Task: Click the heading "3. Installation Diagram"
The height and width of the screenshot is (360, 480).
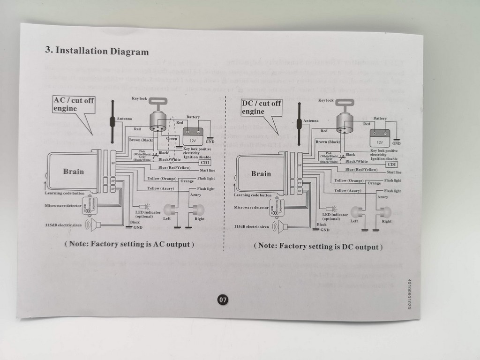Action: [97, 51]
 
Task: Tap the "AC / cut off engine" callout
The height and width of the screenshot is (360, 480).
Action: [74, 105]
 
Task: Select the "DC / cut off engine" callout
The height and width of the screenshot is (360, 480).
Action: [261, 107]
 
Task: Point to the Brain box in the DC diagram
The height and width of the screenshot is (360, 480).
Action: [261, 174]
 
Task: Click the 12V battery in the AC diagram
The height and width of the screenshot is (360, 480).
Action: [193, 136]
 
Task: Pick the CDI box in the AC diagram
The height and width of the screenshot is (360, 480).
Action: [205, 163]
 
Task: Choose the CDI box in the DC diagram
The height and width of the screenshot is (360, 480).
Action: [392, 164]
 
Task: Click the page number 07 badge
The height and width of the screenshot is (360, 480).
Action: [223, 299]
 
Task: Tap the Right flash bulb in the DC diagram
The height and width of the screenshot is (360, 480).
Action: [385, 212]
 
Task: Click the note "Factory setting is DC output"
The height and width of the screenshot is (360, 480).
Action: [318, 246]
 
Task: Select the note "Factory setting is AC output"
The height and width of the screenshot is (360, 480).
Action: [129, 244]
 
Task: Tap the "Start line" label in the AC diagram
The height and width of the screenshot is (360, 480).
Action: [207, 170]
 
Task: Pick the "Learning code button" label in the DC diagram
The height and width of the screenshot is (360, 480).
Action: [253, 195]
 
